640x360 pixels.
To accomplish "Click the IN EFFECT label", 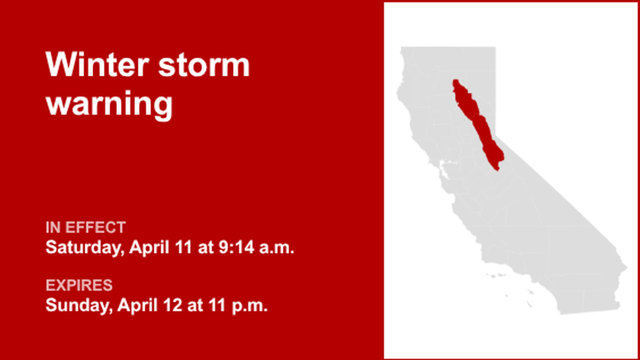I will [85, 227].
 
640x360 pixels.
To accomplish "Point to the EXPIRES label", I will [79, 285].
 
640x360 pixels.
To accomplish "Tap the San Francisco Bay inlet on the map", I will [444, 166].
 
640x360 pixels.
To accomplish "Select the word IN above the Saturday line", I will [53, 227].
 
